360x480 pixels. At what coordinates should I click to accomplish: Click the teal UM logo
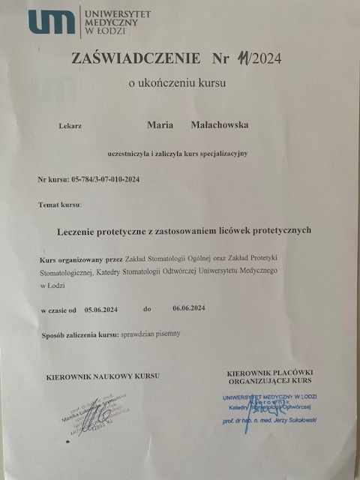52,22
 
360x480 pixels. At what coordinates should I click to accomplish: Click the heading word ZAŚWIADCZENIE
136,58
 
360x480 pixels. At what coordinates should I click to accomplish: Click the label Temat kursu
60,204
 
